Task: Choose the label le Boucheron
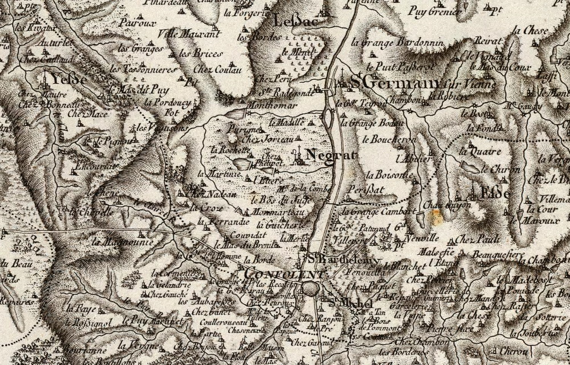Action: point(394,139)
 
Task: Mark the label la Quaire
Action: point(481,152)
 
